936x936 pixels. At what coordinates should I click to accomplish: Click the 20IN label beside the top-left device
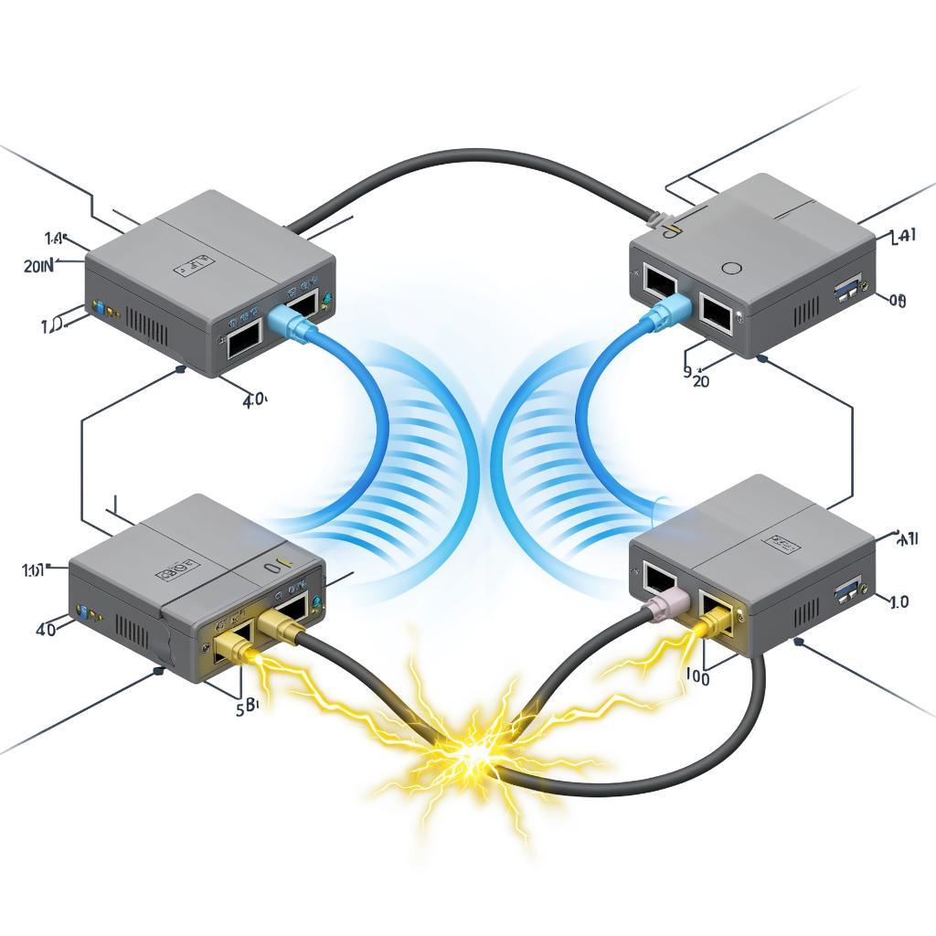(x=37, y=266)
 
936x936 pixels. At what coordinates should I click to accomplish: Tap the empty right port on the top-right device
(x=714, y=312)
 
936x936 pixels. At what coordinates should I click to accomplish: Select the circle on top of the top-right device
(x=731, y=269)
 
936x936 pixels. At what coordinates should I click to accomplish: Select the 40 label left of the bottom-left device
(x=45, y=629)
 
